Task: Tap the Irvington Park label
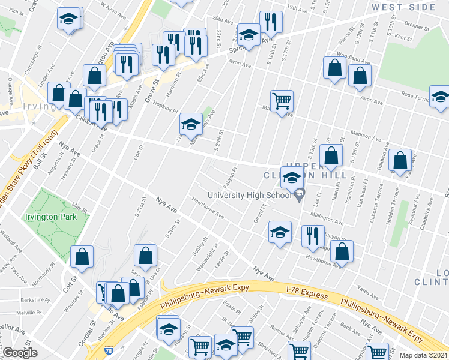coord(51,217)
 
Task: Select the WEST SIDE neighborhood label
coord(403,7)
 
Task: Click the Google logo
coord(20,353)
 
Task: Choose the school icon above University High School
coord(292,177)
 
